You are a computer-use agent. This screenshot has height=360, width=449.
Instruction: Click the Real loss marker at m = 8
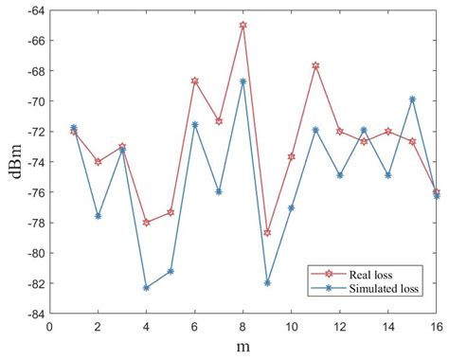click(x=243, y=26)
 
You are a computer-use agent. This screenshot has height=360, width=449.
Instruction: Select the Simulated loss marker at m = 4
click(x=146, y=287)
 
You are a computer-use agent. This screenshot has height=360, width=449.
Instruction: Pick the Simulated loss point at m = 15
click(x=412, y=99)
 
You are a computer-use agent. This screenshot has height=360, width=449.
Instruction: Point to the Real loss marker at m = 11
click(x=315, y=65)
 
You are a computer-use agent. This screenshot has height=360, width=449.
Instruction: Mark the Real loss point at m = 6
click(x=195, y=81)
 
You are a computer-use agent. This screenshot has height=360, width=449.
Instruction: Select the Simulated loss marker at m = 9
click(x=267, y=283)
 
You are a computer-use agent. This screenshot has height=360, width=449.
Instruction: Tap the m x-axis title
click(x=243, y=348)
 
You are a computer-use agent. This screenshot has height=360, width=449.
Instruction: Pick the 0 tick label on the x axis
click(x=49, y=326)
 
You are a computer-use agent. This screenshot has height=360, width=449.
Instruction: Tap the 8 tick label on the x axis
click(x=243, y=326)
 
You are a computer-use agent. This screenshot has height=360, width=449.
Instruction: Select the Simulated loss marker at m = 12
click(x=340, y=175)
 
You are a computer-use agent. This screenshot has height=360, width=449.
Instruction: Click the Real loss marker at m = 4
click(x=146, y=223)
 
